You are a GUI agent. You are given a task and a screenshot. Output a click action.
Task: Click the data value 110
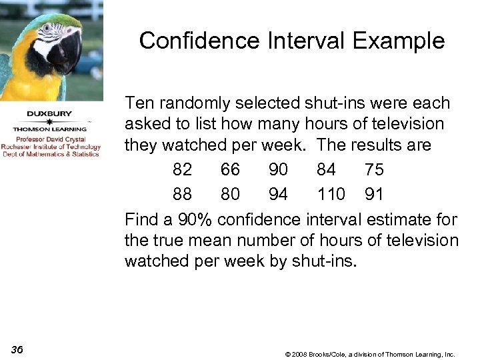tap(331, 194)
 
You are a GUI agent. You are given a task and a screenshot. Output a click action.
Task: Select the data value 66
tap(230, 170)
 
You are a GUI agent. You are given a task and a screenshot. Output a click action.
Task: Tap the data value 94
tap(278, 194)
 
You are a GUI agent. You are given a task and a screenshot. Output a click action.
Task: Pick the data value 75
tap(374, 170)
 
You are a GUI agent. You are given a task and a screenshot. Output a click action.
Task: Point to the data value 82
tap(182, 170)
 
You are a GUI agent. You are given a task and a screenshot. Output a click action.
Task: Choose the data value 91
tap(374, 194)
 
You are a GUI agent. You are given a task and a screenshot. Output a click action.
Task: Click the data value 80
tap(230, 194)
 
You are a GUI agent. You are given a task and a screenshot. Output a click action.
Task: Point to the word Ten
tap(139, 103)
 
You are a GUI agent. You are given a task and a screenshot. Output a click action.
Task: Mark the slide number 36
tap(18, 350)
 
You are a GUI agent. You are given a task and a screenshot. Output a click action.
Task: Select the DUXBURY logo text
tap(49, 114)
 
